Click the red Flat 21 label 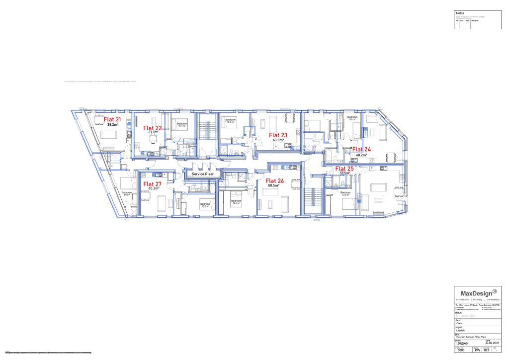(112, 119)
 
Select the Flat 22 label (153, 128)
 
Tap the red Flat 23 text (278, 135)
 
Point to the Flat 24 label (361, 149)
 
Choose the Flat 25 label (344, 169)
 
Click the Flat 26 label (275, 180)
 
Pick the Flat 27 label (153, 183)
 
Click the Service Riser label (203, 175)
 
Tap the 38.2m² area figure (112, 125)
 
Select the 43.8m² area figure (278, 140)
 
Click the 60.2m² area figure (361, 155)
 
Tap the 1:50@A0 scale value (463, 343)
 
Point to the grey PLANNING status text (465, 316)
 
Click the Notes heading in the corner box (459, 12)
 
